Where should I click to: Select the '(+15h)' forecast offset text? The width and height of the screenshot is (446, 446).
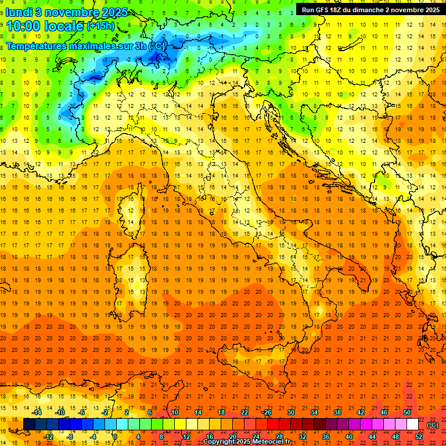(100, 26)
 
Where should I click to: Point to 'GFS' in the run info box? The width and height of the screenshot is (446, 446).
(325, 10)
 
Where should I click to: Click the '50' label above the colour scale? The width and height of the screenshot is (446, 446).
(407, 412)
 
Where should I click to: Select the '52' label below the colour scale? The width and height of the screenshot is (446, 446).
(419, 437)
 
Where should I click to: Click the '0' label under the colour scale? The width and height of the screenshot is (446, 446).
(115, 437)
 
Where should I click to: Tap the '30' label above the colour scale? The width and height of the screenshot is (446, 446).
(290, 412)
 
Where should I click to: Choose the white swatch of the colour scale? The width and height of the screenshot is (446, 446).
(413, 425)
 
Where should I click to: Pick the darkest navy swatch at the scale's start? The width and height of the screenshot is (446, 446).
(29, 425)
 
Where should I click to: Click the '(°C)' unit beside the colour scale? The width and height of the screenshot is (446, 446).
(433, 425)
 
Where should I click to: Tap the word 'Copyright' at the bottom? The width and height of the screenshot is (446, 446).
(219, 442)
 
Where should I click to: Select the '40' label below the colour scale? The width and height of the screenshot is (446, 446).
(348, 437)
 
